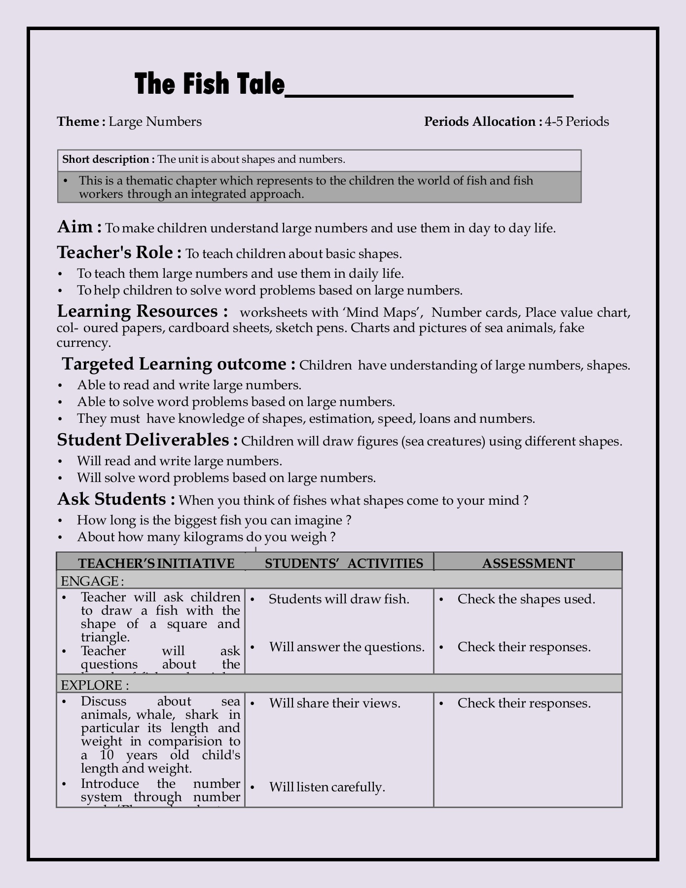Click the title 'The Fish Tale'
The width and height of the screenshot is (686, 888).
point(210,84)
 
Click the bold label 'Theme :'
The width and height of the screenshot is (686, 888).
point(81,121)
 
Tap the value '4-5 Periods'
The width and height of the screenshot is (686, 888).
point(577,121)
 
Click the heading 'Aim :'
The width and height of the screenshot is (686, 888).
point(80,227)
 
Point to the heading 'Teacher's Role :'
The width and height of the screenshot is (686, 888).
point(119,253)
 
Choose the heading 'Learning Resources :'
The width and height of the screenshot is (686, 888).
point(143,311)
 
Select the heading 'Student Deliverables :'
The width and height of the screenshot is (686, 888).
point(147,440)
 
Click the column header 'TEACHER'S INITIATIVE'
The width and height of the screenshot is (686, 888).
point(156,563)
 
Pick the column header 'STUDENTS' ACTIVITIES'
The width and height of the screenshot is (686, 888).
point(344,563)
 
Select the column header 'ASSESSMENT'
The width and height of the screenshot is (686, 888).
point(528,563)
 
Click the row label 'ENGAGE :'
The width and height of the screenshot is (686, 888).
point(92,581)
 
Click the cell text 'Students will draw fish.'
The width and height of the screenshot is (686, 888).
point(339,599)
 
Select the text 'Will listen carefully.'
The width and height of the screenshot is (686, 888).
point(327,787)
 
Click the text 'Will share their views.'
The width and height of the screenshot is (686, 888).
point(335,703)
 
